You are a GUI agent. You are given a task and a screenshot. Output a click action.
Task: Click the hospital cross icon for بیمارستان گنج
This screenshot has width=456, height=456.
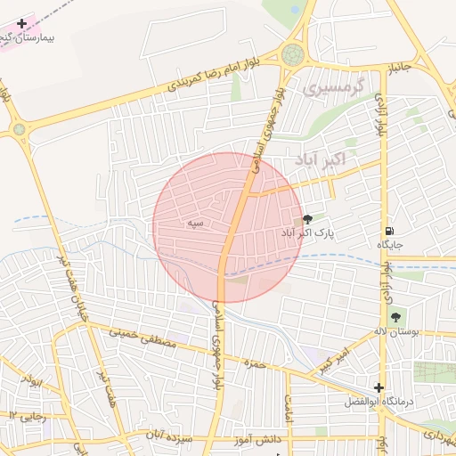pyautogui.click(x=22, y=23)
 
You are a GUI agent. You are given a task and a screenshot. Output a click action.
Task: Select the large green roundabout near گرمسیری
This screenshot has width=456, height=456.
pyautogui.click(x=292, y=54)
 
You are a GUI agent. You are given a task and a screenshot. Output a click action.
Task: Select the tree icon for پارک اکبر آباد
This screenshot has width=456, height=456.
pyautogui.click(x=307, y=218)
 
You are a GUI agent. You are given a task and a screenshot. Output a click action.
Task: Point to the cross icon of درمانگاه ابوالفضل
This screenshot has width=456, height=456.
pyautogui.click(x=380, y=387)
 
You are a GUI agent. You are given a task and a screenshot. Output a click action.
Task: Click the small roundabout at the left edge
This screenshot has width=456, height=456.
pyautogui.click(x=20, y=130)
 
